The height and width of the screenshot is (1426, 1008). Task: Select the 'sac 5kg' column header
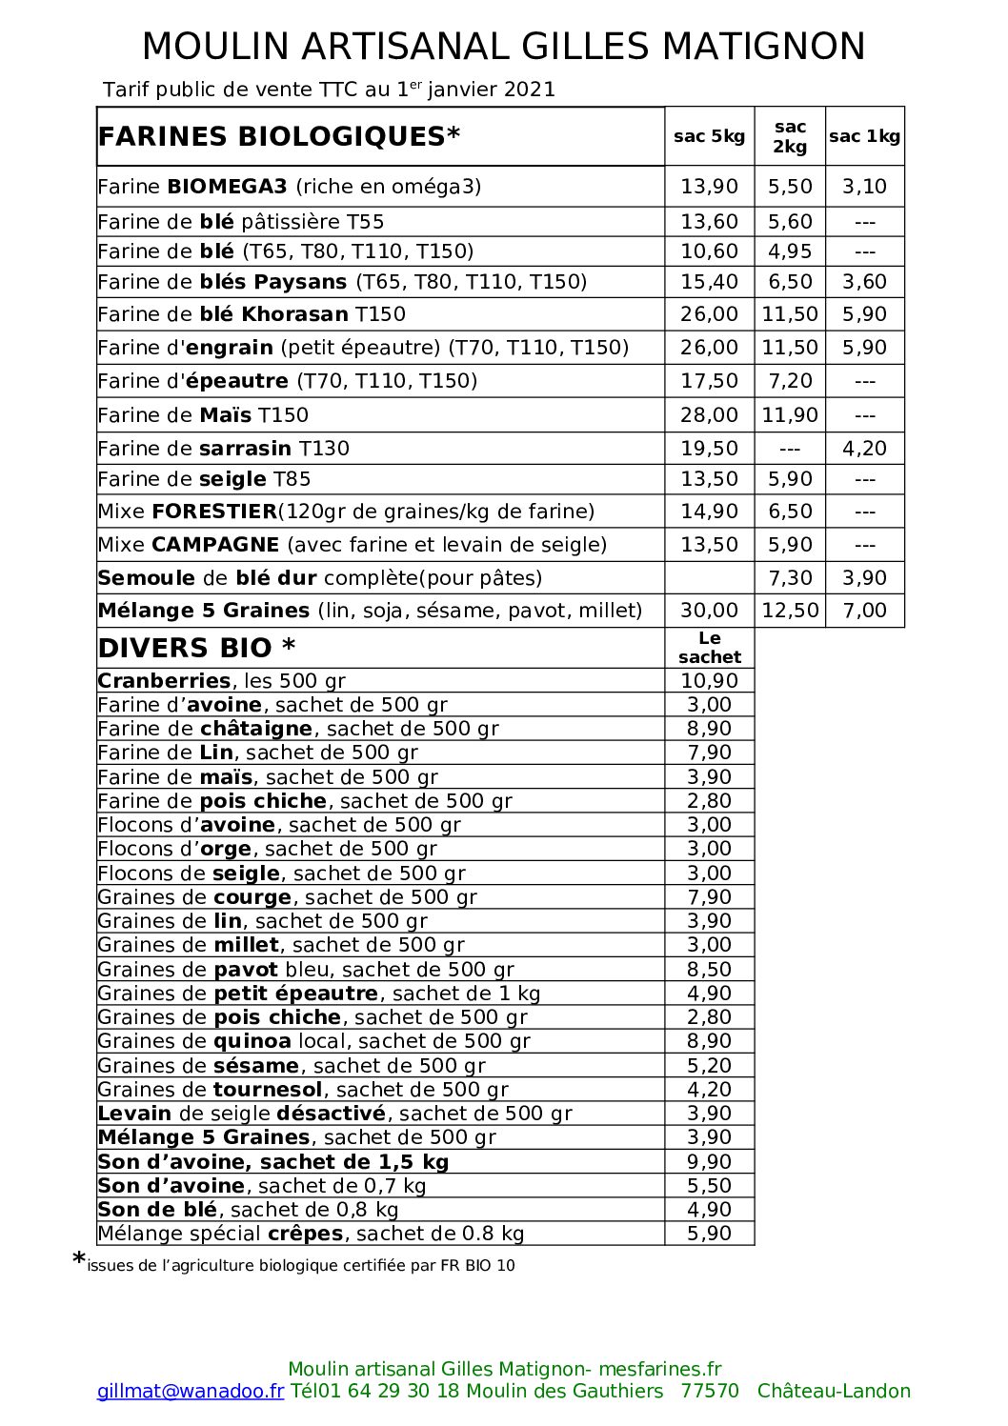(x=709, y=136)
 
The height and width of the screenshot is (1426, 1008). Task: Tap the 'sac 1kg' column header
(x=864, y=136)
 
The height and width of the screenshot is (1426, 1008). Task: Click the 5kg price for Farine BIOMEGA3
(x=709, y=187)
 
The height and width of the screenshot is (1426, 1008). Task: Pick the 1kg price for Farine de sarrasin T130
(x=864, y=449)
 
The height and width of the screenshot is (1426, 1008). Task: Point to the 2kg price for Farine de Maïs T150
(x=790, y=415)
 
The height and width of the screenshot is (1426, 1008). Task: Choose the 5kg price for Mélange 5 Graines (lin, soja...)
(x=709, y=611)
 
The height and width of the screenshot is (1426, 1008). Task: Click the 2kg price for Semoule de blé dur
(x=790, y=578)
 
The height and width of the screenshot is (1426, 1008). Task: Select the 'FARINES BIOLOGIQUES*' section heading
(x=279, y=136)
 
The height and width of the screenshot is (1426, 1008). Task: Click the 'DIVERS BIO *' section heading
(x=196, y=649)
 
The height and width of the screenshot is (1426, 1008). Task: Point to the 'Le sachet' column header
(x=709, y=648)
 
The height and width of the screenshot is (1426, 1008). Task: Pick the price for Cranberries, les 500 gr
(x=709, y=681)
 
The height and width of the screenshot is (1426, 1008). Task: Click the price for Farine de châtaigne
(x=709, y=729)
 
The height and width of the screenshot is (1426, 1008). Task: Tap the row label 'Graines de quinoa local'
(x=313, y=1041)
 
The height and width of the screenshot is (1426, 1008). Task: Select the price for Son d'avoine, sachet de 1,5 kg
(x=709, y=1162)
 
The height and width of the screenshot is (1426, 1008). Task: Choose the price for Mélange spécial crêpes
(x=709, y=1234)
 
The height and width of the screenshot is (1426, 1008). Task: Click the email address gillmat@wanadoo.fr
(x=191, y=1392)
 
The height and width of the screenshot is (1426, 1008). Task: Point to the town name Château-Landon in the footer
(x=834, y=1392)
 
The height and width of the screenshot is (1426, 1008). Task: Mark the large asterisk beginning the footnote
(x=79, y=1260)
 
